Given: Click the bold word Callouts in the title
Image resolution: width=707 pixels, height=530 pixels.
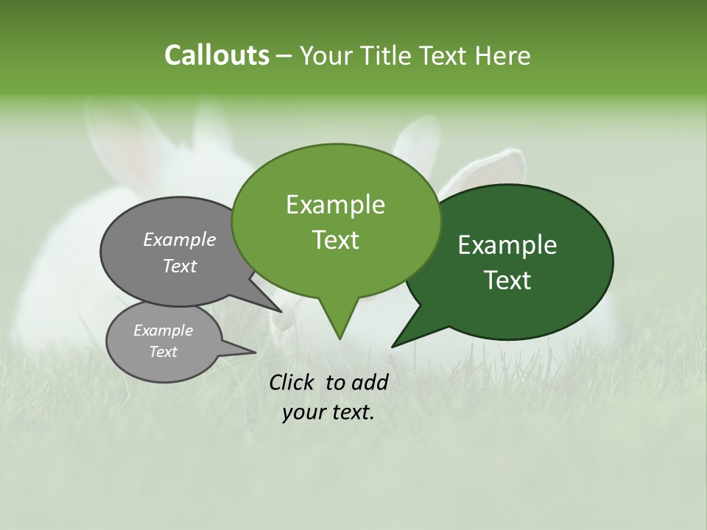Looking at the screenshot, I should (x=217, y=55).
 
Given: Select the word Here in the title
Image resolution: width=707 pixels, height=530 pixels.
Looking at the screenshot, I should (x=504, y=56).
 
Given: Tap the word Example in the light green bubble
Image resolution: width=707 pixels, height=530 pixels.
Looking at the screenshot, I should (x=335, y=205).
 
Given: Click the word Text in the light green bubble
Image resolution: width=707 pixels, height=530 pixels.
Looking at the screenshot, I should (x=335, y=240).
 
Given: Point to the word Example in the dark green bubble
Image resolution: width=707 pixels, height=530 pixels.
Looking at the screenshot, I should (x=507, y=245).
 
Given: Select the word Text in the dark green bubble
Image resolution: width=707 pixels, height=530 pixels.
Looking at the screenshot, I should (x=507, y=280).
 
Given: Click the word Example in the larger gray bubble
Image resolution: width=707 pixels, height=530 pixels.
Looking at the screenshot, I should (x=180, y=239).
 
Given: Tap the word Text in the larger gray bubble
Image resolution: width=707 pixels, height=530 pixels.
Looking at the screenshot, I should (x=180, y=266).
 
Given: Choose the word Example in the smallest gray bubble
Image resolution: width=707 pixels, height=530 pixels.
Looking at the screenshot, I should (x=163, y=331).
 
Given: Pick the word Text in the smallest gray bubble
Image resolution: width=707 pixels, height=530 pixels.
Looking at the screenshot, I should (x=163, y=352).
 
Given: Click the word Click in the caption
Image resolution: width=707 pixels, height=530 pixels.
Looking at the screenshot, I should (x=295, y=382).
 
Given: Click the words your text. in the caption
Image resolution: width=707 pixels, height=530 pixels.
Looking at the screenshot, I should (x=328, y=412).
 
